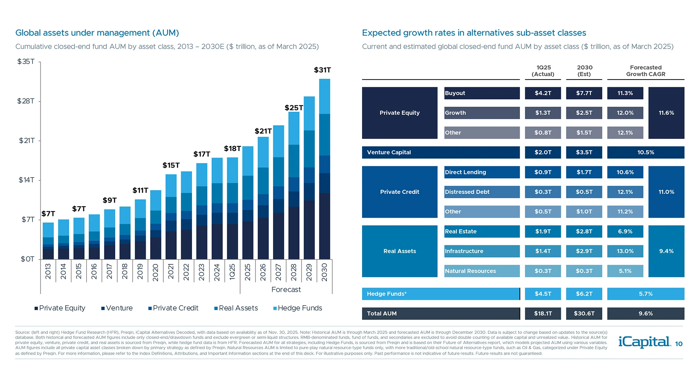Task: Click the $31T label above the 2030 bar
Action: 322,70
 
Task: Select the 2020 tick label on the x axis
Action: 156,271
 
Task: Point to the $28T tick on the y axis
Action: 26,101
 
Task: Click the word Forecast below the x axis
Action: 286,290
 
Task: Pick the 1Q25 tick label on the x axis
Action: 232,271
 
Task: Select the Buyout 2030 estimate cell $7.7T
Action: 584,93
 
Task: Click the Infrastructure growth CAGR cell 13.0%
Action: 625,251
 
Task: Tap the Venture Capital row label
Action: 389,152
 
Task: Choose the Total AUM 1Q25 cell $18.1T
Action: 543,314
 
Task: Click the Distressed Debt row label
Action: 467,192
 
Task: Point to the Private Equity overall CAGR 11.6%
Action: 666,113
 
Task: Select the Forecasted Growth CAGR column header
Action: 646,71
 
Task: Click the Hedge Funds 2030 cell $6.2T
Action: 584,294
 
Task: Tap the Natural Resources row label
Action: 470,271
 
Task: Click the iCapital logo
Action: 644,342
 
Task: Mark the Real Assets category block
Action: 400,251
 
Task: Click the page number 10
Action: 679,344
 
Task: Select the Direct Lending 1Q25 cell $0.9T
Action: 543,172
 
